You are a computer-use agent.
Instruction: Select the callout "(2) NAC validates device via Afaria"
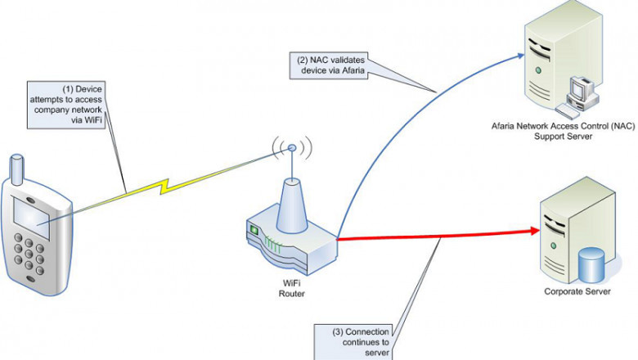tap(330, 65)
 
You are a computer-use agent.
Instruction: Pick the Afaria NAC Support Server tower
tap(543, 61)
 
